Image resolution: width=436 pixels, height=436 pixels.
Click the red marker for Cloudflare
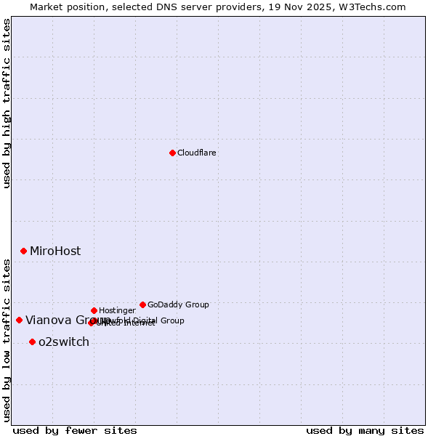(x=172, y=153)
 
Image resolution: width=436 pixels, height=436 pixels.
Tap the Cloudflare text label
(x=196, y=153)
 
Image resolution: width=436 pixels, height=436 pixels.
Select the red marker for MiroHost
(x=23, y=251)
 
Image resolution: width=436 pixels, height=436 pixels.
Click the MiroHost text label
(x=55, y=251)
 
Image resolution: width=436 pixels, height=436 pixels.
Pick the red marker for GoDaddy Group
(x=142, y=304)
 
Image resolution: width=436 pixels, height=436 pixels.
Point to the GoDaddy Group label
(x=178, y=304)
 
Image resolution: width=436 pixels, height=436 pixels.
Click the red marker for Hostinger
(x=94, y=310)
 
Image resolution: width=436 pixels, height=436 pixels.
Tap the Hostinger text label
(x=117, y=310)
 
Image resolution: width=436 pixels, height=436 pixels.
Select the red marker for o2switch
(x=32, y=342)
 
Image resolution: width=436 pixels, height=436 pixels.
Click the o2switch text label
(x=64, y=342)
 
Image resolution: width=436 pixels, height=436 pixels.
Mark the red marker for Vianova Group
(x=19, y=320)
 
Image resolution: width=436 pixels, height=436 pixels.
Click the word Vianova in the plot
(x=47, y=320)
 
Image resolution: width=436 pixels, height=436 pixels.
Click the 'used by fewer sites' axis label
(x=75, y=430)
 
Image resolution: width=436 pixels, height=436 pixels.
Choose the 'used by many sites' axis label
(x=365, y=430)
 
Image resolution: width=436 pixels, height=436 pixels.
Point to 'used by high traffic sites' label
(x=7, y=103)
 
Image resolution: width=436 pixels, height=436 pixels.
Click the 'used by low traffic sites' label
(x=7, y=339)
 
